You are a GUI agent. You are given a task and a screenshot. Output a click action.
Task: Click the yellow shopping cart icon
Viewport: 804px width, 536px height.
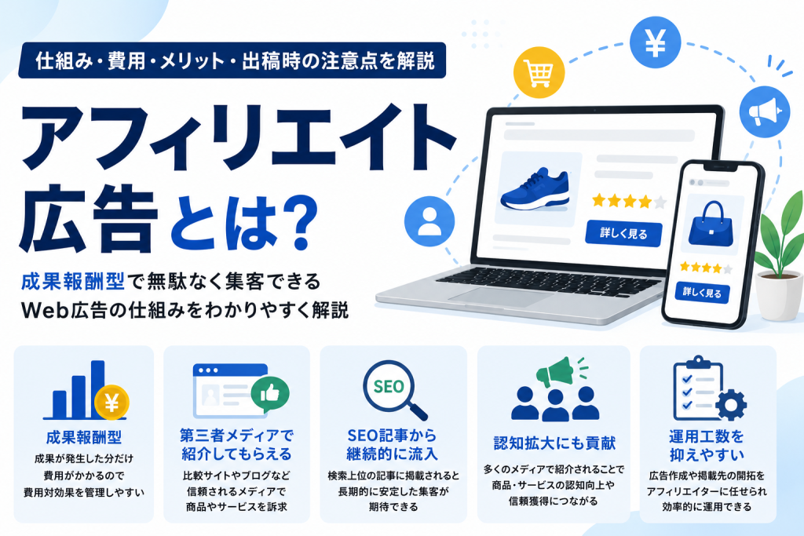click(539, 72)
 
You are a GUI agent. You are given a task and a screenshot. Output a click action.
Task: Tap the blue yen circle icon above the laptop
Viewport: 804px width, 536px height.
click(656, 42)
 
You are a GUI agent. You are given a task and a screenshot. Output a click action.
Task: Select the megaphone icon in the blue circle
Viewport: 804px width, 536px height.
click(765, 111)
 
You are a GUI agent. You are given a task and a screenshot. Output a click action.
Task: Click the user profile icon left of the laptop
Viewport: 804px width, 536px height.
click(429, 221)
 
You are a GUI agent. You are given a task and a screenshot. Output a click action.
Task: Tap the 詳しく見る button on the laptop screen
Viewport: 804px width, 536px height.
click(623, 234)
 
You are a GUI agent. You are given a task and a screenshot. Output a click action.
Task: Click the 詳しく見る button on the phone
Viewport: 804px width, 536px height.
click(702, 293)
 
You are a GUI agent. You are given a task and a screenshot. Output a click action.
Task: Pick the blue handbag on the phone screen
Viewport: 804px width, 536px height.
click(711, 224)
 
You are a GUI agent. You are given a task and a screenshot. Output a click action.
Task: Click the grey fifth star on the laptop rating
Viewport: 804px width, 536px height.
click(660, 202)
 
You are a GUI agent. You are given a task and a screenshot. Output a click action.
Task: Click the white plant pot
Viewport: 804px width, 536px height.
click(780, 296)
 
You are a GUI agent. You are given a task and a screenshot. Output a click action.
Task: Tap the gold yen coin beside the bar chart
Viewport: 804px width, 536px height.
click(111, 403)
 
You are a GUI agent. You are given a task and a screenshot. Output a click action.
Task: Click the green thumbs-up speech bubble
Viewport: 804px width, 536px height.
click(270, 394)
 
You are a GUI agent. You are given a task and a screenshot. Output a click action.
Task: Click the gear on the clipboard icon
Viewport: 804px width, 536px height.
click(730, 405)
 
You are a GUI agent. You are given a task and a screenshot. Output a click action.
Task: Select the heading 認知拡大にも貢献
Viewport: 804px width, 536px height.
click(554, 443)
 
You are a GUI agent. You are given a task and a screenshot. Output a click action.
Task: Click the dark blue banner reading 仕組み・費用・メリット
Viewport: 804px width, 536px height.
click(232, 60)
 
